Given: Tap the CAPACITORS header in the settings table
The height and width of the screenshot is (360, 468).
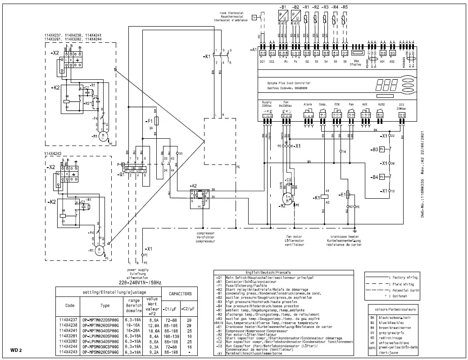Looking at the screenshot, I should [x=180, y=294].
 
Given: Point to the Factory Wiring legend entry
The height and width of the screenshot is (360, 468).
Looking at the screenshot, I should [x=405, y=278].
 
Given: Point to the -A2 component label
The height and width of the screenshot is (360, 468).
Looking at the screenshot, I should [x=194, y=186].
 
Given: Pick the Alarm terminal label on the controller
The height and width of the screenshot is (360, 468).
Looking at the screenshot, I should [x=308, y=104].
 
